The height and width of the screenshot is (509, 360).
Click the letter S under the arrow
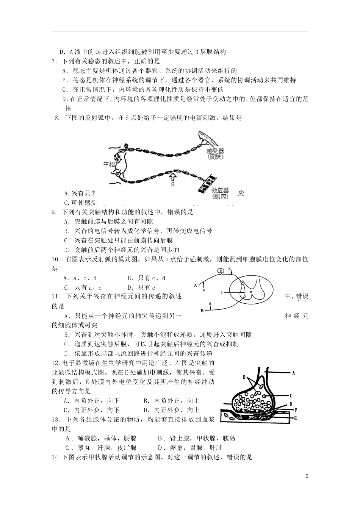[172, 185]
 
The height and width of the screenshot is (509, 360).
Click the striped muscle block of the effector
[207, 183]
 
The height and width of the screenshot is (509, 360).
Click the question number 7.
[54, 61]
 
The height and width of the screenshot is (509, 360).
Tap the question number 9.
[54, 212]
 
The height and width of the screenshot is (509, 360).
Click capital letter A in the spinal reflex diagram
[196, 285]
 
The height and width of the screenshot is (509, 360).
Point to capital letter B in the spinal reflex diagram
[202, 311]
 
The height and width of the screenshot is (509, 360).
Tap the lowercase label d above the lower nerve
[211, 303]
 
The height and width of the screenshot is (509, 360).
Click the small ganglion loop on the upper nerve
[221, 270]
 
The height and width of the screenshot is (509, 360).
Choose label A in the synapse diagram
[294, 373]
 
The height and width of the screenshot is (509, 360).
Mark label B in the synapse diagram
[244, 377]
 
